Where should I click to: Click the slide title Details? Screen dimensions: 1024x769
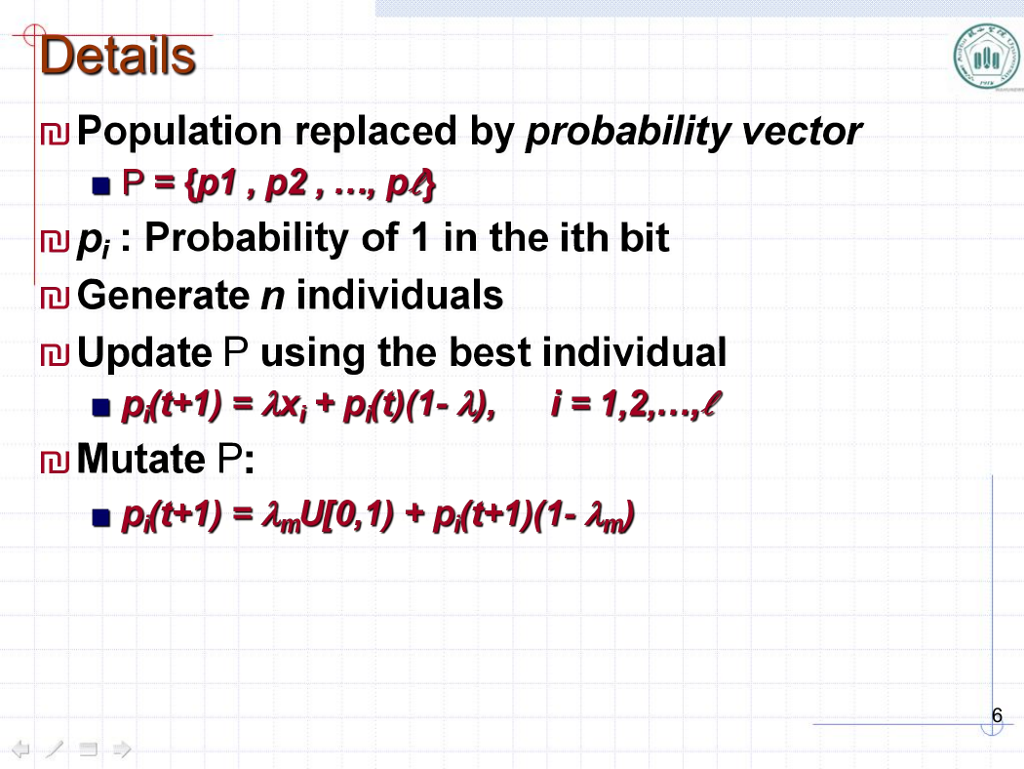tap(118, 56)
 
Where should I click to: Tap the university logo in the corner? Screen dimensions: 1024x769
tap(987, 58)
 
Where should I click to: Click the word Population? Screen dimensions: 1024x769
tap(179, 132)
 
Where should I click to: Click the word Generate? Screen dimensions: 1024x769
tap(163, 296)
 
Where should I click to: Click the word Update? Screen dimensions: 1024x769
tap(144, 353)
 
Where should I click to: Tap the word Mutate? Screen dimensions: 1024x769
tap(141, 459)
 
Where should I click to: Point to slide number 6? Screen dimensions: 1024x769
tap(997, 715)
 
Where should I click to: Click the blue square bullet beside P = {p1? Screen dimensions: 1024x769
tap(101, 186)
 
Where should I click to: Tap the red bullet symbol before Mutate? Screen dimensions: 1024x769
tap(55, 462)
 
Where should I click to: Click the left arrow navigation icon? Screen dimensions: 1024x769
tap(20, 749)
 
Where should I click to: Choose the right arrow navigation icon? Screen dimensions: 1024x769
tap(122, 749)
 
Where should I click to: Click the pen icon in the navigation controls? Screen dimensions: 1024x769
tap(55, 749)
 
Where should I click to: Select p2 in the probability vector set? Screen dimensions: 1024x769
tap(286, 184)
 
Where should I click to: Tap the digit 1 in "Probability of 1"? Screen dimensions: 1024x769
tap(420, 238)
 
